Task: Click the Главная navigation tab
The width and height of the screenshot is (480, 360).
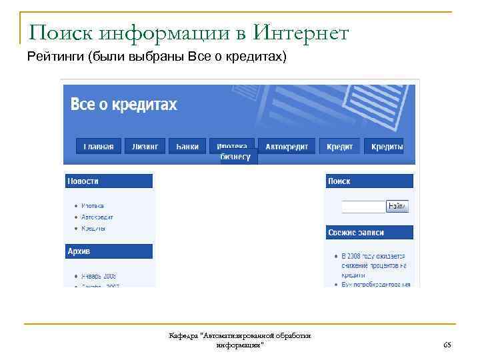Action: point(99,147)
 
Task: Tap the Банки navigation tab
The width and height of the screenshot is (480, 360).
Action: point(187,147)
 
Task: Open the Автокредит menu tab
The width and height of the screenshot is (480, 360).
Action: point(285,147)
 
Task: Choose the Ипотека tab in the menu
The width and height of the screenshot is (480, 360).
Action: point(232,145)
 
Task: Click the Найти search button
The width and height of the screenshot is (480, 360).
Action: point(397,207)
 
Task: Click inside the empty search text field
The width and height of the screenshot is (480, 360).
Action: point(363,207)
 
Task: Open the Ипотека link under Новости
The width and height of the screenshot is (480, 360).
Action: point(93,206)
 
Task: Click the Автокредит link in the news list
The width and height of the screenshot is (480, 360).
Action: point(97,217)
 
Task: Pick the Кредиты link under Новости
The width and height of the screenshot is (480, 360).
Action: point(93,229)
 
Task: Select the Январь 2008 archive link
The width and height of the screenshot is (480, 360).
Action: point(99,276)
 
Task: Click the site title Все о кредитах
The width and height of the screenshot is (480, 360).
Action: point(124,105)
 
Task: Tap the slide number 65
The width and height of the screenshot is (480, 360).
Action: point(447,344)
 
